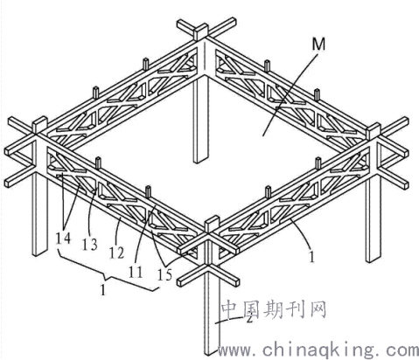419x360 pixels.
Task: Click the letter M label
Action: coord(318,45)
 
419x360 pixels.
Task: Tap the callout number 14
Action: coord(63,239)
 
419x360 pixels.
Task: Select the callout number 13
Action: coord(90,244)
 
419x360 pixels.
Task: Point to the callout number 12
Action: coord(116,253)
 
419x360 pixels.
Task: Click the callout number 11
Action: coord(136,272)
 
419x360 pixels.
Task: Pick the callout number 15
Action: coord(164,274)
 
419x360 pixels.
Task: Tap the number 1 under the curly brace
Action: coord(102,290)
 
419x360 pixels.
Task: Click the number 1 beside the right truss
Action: coord(311,256)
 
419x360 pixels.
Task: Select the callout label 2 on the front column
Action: coord(248,318)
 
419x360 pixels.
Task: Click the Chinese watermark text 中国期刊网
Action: coord(274,309)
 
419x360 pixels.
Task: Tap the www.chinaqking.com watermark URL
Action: coord(318,350)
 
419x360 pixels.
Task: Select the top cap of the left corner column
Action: coord(40,124)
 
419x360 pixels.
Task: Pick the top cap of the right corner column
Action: coord(374,130)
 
